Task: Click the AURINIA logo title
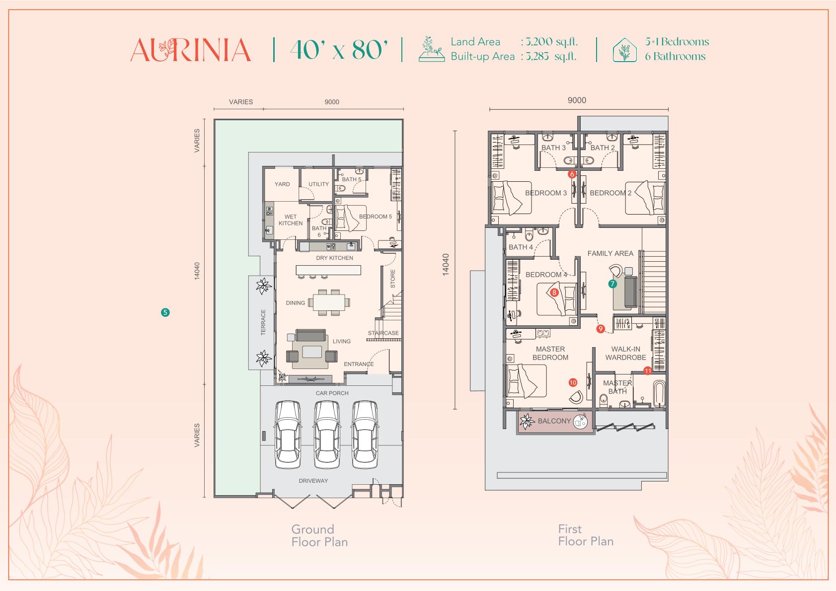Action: tap(190, 50)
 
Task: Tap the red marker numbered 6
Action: tap(572, 174)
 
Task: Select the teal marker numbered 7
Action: tap(612, 284)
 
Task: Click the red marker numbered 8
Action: tap(554, 293)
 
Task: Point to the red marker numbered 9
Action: tap(600, 329)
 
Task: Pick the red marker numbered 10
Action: tap(573, 382)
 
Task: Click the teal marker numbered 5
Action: tap(165, 312)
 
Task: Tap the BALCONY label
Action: tap(554, 421)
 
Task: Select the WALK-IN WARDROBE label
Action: tap(626, 353)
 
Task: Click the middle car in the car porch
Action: tap(326, 434)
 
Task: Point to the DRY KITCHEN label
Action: tap(334, 258)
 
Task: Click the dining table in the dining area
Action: tap(328, 302)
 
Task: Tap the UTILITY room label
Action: tap(318, 184)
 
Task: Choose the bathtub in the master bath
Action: tap(659, 394)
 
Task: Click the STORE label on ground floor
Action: tap(392, 279)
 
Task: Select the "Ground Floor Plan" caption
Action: tap(319, 535)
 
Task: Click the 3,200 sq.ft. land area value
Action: tap(551, 42)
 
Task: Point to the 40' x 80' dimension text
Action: tap(339, 50)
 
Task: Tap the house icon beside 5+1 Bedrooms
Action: tap(625, 50)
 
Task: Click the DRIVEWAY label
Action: tap(313, 481)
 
